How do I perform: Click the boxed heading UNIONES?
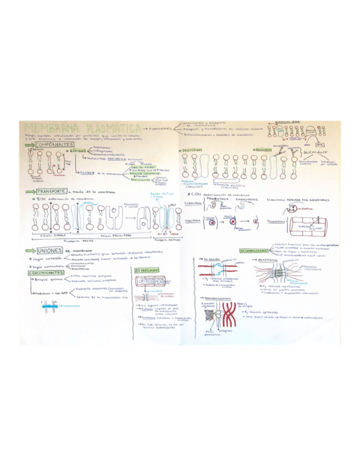pos(48,252)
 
